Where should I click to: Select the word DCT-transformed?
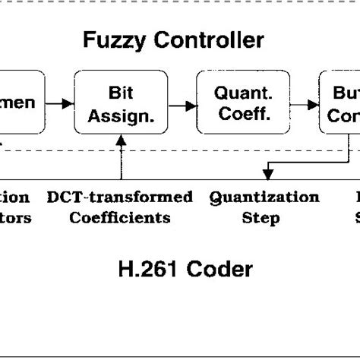click(119, 198)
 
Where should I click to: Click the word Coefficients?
click(119, 218)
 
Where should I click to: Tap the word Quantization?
click(264, 198)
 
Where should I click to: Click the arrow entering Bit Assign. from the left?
click(62, 102)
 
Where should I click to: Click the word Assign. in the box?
click(119, 113)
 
